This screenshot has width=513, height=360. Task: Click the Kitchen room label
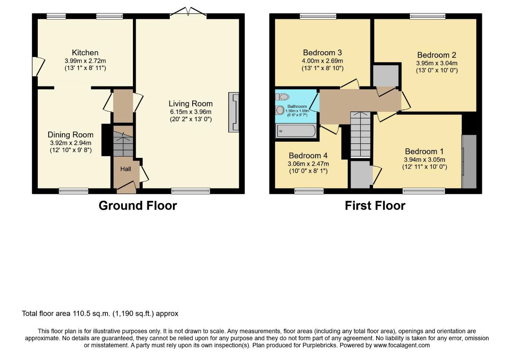pos(85,53)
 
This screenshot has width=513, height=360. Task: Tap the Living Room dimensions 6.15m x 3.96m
pos(190,112)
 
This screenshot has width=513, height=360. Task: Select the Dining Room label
pos(70,135)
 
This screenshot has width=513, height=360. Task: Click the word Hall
pos(126,169)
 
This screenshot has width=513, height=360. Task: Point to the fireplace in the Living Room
pos(233,112)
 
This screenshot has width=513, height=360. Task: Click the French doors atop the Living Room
pos(188,12)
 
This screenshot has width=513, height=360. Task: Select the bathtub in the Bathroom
pos(296,131)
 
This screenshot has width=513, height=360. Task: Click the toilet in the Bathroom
pos(282,97)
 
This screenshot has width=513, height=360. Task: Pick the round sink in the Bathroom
pos(280,110)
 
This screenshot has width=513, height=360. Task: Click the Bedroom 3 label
pos(322,53)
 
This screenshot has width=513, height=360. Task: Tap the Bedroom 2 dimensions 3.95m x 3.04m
pos(437,63)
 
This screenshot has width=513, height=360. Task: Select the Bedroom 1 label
pos(424,151)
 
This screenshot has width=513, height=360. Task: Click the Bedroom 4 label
pos(308,156)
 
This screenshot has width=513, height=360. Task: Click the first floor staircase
pos(361,135)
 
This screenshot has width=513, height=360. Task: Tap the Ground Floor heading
pos(138,206)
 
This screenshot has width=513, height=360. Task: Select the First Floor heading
pos(375,206)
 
